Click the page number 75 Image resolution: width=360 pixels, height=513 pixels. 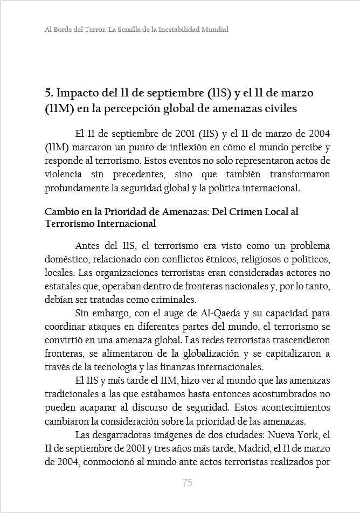pyautogui.click(x=187, y=483)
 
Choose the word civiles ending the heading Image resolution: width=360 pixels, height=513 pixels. pyautogui.click(x=278, y=108)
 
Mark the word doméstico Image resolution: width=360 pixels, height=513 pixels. pyautogui.click(x=65, y=259)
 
